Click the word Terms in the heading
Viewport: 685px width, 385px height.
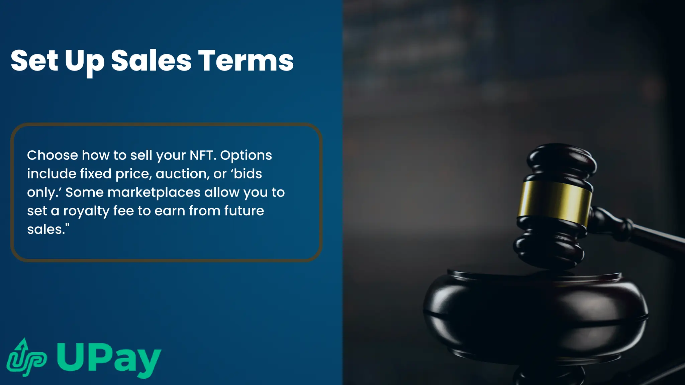point(247,60)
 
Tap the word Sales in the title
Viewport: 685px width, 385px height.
point(151,60)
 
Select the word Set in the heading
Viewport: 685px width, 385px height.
point(34,60)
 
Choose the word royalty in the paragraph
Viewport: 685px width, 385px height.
point(86,211)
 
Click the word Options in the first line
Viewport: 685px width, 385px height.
point(246,155)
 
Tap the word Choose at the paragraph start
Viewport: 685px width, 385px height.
point(52,155)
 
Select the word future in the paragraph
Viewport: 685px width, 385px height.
point(244,211)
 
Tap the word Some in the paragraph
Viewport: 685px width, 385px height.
point(85,192)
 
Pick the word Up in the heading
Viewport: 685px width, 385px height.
point(84,61)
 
